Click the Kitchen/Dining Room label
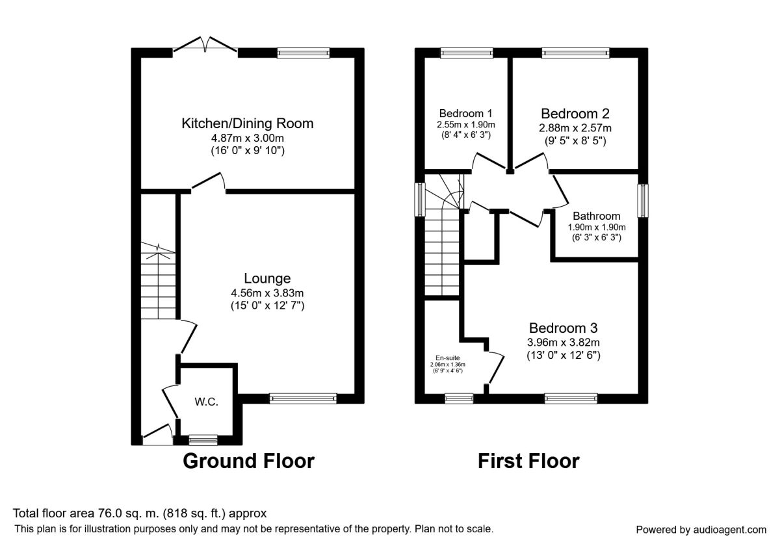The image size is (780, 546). click(248, 123)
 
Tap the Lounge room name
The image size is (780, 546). click(267, 278)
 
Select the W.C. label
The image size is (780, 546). click(207, 402)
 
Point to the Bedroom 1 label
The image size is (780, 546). click(465, 114)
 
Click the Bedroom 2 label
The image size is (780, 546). click(575, 114)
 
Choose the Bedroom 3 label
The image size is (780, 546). click(564, 328)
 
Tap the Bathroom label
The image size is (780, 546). click(597, 216)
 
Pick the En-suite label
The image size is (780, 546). click(447, 357)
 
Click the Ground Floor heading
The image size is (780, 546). click(248, 461)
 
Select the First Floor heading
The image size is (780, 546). click(528, 461)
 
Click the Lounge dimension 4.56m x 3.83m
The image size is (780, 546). click(267, 293)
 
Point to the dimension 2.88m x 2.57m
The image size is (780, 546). click(575, 128)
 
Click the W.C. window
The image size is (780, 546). click(203, 440)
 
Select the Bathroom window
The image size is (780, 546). click(643, 201)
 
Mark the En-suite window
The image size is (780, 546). click(459, 398)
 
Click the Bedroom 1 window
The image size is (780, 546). click(467, 53)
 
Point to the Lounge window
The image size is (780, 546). click(303, 398)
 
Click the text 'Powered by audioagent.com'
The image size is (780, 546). click(701, 530)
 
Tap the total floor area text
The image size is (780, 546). click(140, 513)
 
